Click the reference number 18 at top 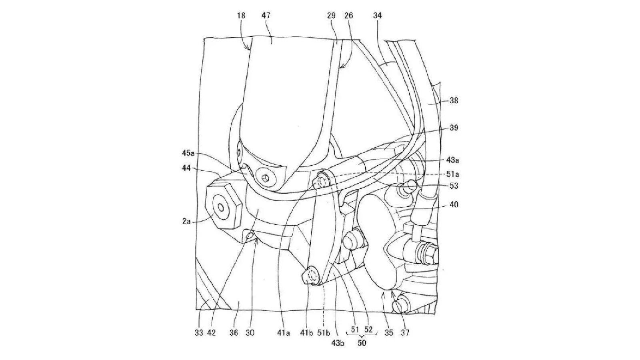(241, 16)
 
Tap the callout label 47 (266, 16)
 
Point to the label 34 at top (377, 16)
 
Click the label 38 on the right (454, 101)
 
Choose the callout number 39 (454, 128)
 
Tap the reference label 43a (453, 160)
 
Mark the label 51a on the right (453, 174)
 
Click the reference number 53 (454, 186)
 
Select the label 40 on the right (454, 205)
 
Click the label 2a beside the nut (186, 220)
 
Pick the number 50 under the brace (362, 343)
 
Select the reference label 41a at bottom (283, 332)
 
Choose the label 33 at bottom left (199, 332)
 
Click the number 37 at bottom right (405, 332)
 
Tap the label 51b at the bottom (324, 332)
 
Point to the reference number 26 (349, 16)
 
